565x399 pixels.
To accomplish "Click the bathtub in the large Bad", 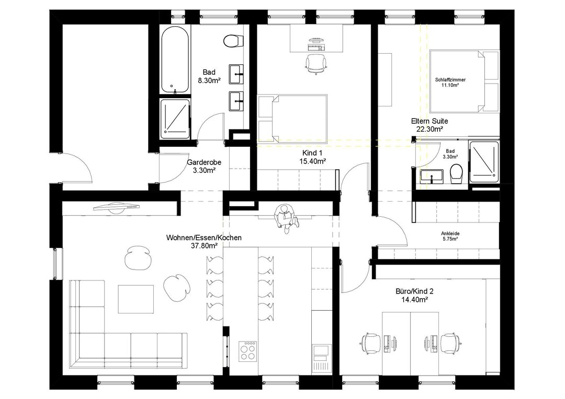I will pyautogui.click(x=175, y=60).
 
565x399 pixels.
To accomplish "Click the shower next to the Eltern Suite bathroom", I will pyautogui.click(x=484, y=162).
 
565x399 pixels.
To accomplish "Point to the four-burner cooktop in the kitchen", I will pyautogui.click(x=248, y=350).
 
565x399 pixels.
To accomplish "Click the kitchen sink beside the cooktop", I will pyautogui.click(x=320, y=353).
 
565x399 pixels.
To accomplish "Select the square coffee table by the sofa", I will pyautogui.click(x=136, y=299).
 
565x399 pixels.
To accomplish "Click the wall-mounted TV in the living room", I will pyautogui.click(x=116, y=207).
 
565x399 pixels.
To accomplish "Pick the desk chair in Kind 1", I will pyautogui.click(x=316, y=63).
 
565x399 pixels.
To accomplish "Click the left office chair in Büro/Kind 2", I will pyautogui.click(x=371, y=343).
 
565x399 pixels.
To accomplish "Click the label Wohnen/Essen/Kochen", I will pyautogui.click(x=204, y=238).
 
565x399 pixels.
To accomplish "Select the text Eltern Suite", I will pyautogui.click(x=429, y=121).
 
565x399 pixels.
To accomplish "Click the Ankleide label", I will pyautogui.click(x=450, y=233).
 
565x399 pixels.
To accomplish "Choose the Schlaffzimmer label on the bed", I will pyautogui.click(x=450, y=80).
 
